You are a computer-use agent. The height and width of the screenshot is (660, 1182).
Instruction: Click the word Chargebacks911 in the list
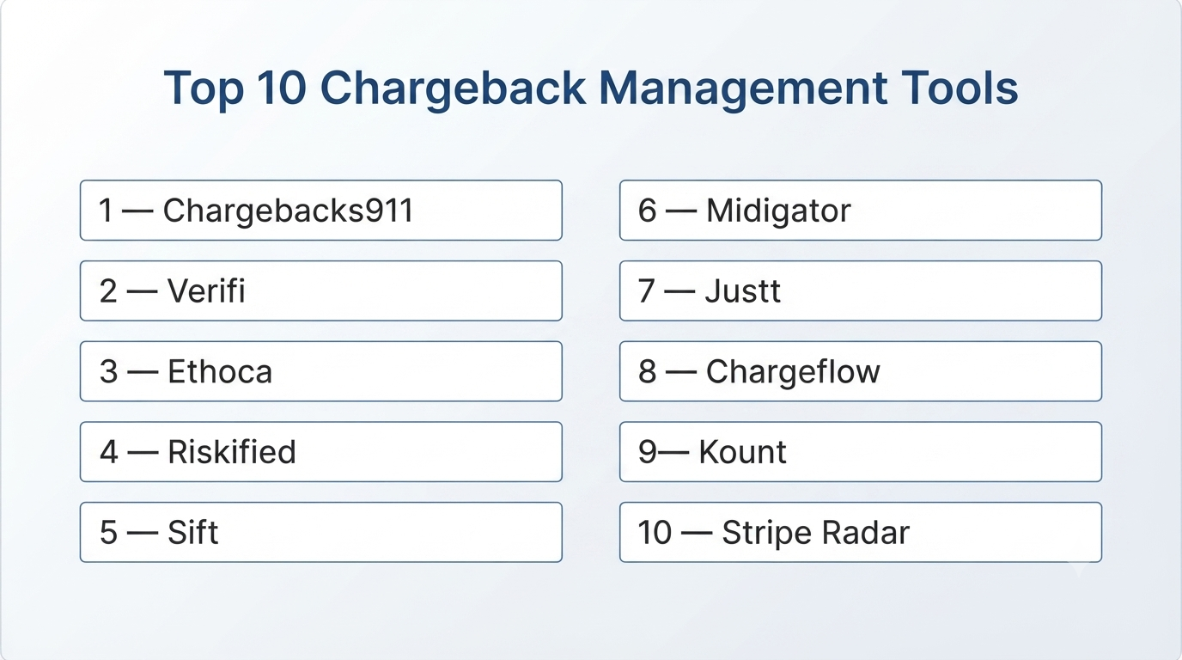tap(288, 211)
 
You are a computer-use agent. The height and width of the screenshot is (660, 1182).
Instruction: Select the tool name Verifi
tap(206, 290)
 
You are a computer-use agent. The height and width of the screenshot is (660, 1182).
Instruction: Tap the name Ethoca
tap(220, 371)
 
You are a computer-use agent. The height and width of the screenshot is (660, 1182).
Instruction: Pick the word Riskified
tap(232, 451)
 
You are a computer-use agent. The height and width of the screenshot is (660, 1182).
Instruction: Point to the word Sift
tap(192, 532)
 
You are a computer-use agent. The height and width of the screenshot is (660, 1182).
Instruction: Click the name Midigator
tap(778, 211)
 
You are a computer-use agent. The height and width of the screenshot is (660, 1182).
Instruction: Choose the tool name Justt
tap(743, 290)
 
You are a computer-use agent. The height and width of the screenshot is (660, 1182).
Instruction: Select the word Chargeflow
tap(793, 372)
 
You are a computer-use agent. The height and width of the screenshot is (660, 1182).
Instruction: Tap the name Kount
tap(742, 451)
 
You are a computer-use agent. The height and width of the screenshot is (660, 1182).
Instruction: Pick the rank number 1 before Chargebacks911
tap(106, 211)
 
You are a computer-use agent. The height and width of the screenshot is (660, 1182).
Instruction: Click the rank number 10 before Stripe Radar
tap(655, 532)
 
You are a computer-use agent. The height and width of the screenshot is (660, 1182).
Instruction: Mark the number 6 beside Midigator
tap(648, 211)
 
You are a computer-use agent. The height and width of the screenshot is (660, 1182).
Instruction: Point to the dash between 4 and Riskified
tap(143, 453)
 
